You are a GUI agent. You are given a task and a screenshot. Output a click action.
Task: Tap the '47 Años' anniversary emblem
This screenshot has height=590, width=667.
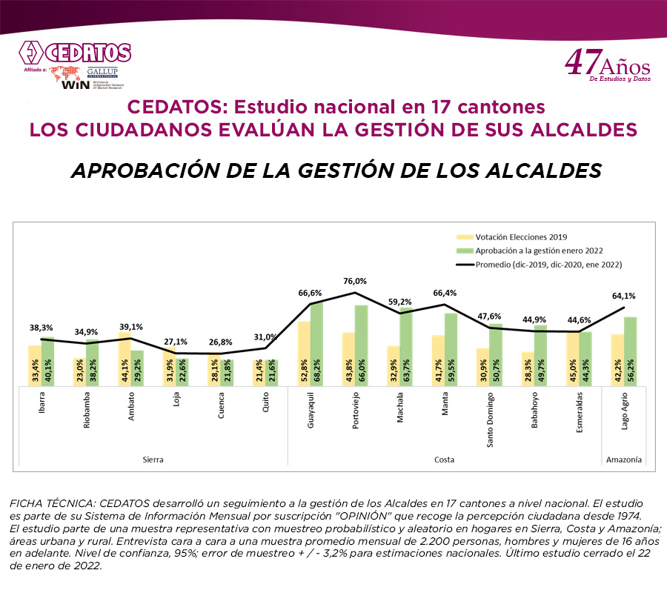608,66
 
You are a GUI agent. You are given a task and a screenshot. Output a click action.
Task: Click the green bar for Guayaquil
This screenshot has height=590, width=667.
316,343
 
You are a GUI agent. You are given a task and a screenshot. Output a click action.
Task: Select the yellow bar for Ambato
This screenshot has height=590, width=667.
124,357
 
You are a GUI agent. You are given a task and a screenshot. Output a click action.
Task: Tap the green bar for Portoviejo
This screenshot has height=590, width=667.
362,345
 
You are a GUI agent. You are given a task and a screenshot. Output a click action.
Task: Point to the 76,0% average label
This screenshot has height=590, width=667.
356,282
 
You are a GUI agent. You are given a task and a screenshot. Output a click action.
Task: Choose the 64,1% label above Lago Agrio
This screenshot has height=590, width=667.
623,296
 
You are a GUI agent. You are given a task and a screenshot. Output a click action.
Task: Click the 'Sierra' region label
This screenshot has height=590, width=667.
153,460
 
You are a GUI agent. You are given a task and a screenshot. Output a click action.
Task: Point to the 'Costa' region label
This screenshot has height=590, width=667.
444,460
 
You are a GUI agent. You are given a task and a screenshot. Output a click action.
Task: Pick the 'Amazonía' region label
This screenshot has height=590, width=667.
623,460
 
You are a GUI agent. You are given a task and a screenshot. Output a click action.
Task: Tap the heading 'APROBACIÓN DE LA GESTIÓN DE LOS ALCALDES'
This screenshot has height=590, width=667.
335,170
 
